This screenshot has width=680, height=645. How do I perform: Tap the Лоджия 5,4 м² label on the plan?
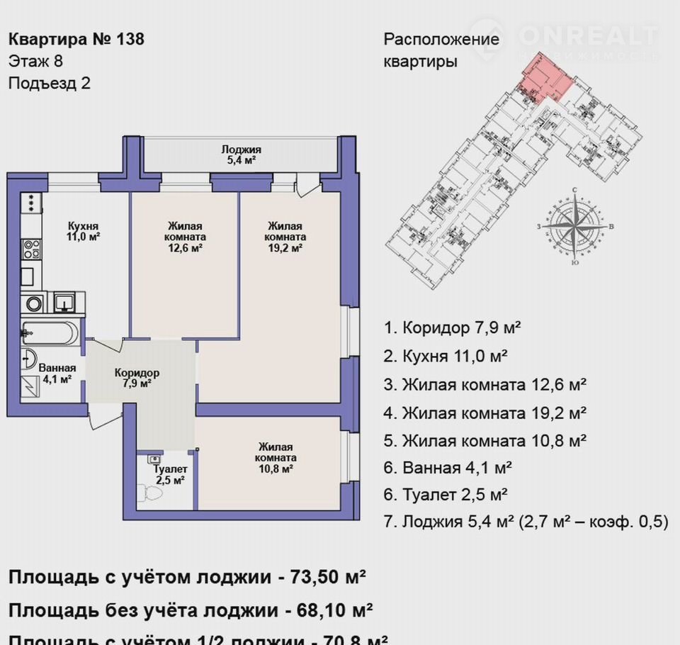point(241,155)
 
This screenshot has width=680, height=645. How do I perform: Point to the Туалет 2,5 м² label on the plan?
point(170,474)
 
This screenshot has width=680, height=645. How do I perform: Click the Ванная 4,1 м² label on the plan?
point(57,373)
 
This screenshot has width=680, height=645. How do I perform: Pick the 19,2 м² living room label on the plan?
point(285,237)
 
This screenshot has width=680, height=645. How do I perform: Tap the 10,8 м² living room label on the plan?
point(276,457)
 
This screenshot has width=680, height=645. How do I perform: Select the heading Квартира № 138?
point(76,38)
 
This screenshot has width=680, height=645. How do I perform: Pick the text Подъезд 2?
point(50,83)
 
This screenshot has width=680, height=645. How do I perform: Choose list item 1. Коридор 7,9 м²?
point(453,327)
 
